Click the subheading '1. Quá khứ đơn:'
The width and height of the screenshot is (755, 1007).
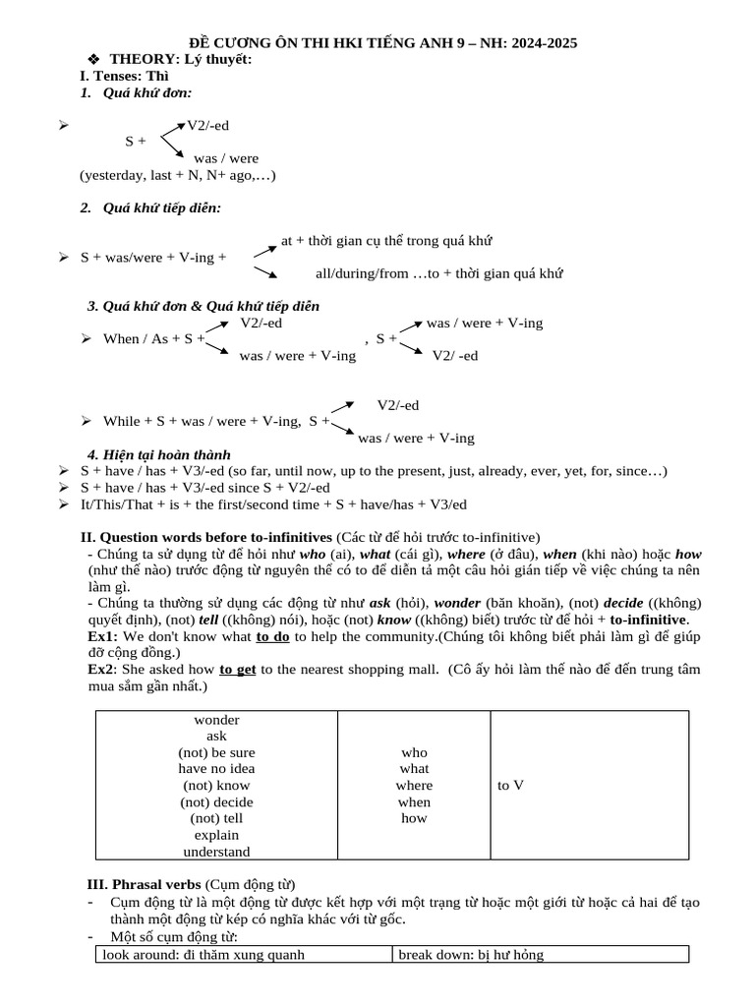[136, 92]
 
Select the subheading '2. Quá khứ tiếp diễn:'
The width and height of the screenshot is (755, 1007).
[150, 207]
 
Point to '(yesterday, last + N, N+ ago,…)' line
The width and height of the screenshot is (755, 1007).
[178, 175]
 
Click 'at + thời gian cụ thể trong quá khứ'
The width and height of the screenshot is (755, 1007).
[386, 240]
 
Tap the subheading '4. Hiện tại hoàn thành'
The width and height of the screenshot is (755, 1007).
[159, 454]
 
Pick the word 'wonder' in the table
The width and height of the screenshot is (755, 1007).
[216, 720]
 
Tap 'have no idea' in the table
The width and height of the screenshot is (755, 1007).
[216, 769]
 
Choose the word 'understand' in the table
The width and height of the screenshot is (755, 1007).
[216, 852]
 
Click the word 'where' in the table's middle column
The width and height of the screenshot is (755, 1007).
[414, 786]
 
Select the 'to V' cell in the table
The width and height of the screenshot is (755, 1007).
[510, 786]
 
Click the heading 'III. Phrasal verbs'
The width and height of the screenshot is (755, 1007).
[145, 884]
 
